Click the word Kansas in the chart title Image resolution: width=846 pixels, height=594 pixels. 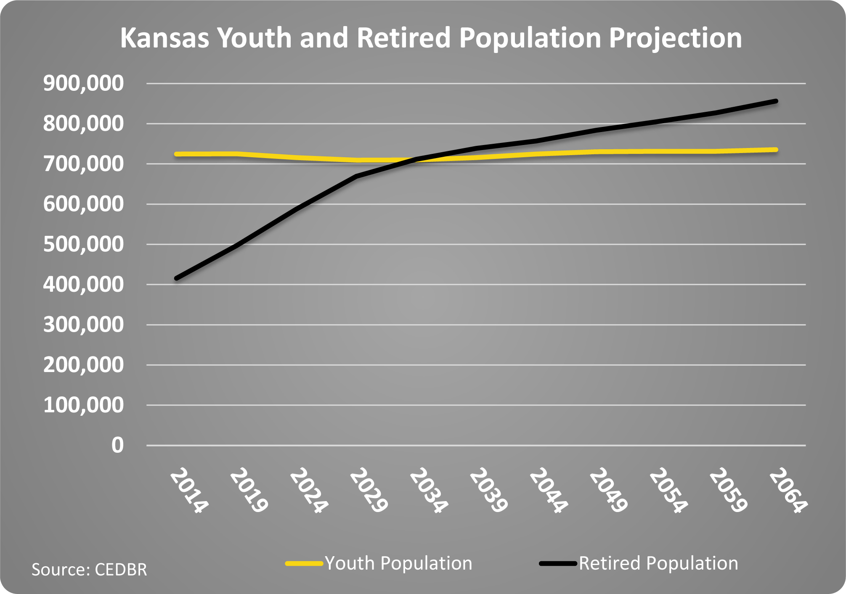pos(164,38)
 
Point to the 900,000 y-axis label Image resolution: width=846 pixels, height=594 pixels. pos(84,83)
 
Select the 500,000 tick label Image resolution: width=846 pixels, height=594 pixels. pos(84,244)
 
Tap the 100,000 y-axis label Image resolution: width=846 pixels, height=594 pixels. pos(84,405)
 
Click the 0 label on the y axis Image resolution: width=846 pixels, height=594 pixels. pos(117,445)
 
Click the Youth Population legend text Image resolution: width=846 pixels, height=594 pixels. pos(398,563)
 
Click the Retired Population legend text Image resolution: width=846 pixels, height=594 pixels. pos(658,563)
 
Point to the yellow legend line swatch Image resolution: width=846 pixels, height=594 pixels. pos(304,563)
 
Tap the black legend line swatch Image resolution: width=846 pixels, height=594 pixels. pos(558,563)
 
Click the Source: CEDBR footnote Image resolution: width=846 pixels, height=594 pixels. pos(89,570)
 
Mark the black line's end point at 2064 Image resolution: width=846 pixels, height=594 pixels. pos(776,101)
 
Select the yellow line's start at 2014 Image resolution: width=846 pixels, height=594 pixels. pos(177,154)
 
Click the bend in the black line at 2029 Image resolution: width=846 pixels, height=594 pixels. pos(357,176)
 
